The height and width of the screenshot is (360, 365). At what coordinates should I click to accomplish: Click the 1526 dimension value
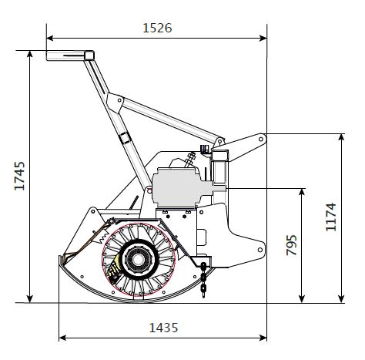(157, 28)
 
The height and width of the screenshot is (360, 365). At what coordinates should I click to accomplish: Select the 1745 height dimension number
(20, 176)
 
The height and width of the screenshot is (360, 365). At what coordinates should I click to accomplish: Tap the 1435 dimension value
(163, 328)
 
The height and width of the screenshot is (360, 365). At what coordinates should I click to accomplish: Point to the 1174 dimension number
(331, 217)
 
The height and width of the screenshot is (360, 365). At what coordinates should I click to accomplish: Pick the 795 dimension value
(292, 245)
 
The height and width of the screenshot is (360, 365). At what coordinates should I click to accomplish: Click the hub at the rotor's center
(138, 258)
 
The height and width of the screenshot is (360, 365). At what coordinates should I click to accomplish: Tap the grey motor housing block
(179, 187)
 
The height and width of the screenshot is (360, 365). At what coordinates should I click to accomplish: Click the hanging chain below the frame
(203, 280)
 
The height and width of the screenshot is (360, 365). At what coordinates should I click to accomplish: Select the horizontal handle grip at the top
(70, 56)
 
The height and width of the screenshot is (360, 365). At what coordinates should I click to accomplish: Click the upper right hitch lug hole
(261, 139)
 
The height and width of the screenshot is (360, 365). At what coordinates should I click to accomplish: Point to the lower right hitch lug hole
(260, 250)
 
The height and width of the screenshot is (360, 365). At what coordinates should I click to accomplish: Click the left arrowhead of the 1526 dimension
(50, 39)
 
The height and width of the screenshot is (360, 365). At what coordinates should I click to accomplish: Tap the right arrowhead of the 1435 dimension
(263, 338)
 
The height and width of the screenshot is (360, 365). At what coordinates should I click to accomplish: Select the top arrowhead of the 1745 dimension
(30, 54)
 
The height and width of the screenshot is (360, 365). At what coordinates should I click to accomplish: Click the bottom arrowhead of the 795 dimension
(302, 299)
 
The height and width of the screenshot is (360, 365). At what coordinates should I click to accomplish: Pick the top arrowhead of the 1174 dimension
(341, 137)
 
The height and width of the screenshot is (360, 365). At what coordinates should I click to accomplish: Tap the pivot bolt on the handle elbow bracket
(119, 100)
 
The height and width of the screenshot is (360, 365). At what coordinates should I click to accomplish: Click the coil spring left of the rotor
(103, 238)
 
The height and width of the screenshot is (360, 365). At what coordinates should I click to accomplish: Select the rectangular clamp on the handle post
(126, 138)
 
